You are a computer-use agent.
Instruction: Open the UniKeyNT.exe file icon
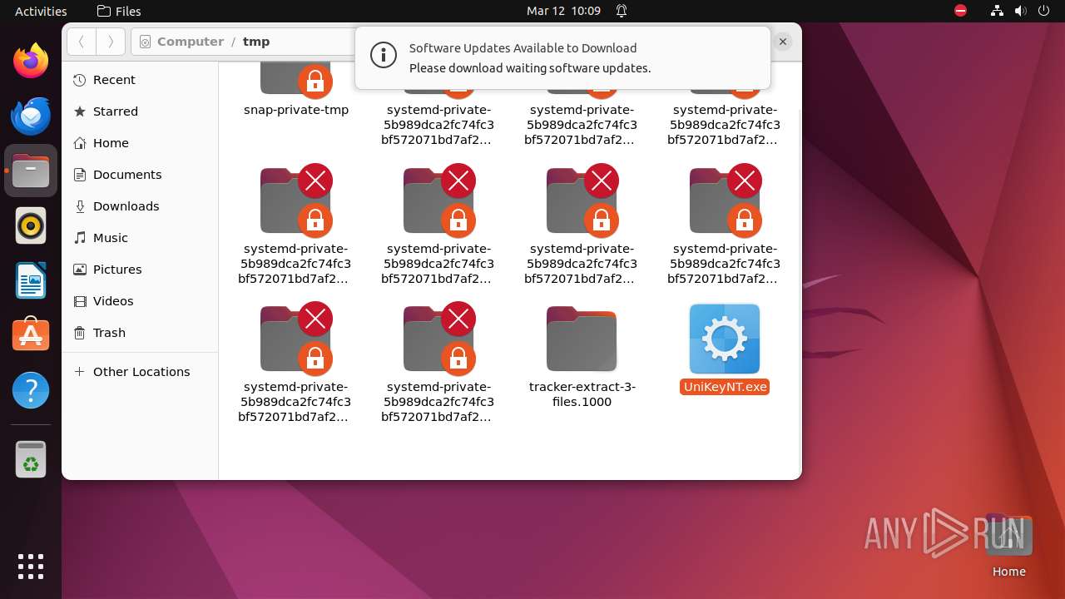click(x=724, y=339)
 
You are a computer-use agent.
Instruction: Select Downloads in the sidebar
click(x=126, y=206)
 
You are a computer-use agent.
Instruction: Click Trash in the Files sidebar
click(x=109, y=333)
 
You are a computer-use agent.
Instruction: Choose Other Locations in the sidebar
click(x=141, y=372)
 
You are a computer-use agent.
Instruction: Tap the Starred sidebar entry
click(x=115, y=111)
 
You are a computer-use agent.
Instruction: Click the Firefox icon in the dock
click(x=31, y=61)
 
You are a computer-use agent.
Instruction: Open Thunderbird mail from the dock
click(x=31, y=116)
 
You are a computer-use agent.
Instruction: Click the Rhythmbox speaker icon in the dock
click(x=31, y=225)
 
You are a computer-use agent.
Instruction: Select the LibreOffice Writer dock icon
click(x=31, y=280)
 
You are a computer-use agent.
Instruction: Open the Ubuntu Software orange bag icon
click(x=31, y=335)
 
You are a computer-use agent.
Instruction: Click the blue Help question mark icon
click(x=31, y=390)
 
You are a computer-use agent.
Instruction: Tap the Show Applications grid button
click(x=31, y=567)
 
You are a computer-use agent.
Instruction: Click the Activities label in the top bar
click(x=41, y=11)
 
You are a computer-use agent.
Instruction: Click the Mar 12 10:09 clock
click(x=563, y=11)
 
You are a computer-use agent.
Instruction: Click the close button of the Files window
click(x=783, y=41)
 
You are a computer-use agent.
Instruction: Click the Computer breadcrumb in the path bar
click(x=190, y=42)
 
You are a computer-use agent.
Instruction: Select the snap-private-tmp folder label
click(x=296, y=110)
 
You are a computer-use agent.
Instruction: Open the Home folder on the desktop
click(x=1008, y=537)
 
